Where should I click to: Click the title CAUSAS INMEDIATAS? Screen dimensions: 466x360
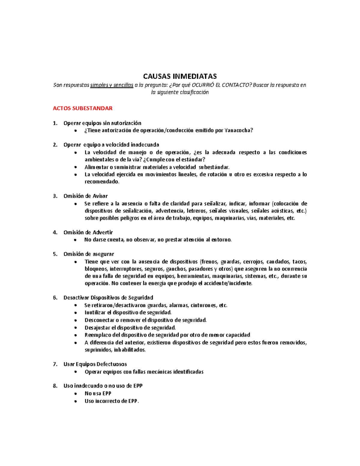click(x=180, y=76)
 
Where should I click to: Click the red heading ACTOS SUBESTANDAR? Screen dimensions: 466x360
click(x=82, y=108)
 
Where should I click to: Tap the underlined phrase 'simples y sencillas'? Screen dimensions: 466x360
click(x=112, y=85)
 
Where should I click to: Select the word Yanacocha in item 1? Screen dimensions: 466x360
click(x=238, y=131)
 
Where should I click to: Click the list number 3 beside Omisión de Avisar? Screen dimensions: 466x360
click(x=55, y=196)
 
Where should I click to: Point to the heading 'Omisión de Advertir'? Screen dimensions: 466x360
click(x=88, y=233)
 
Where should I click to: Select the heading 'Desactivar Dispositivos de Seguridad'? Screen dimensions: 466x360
click(x=108, y=298)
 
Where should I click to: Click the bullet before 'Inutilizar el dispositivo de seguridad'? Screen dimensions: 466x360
click(x=76, y=313)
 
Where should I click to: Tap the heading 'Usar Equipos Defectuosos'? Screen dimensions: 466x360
click(x=95, y=364)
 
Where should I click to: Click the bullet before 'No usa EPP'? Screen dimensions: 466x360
click(x=76, y=394)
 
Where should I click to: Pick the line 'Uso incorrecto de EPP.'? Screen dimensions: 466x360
click(x=112, y=401)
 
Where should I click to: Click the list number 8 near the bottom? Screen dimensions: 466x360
click(x=55, y=386)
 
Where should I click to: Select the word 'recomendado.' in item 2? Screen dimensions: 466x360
click(x=102, y=182)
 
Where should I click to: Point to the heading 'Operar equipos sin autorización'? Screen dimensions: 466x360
click(x=102, y=123)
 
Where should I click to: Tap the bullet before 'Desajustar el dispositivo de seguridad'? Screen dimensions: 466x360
click(x=76, y=328)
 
